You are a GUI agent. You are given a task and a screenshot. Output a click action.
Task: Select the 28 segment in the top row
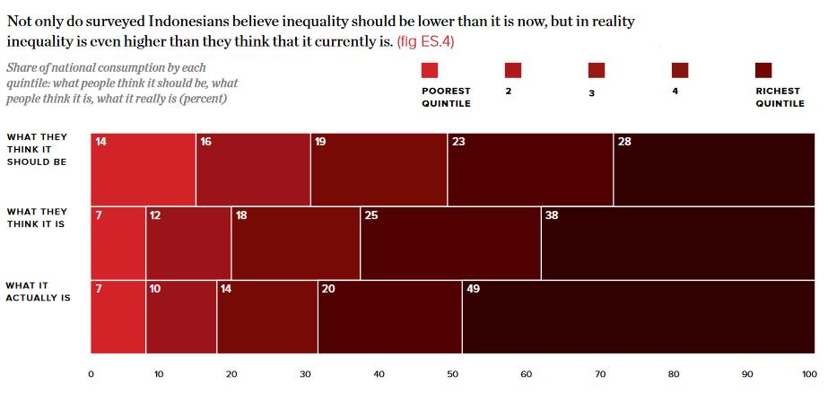point(714,169)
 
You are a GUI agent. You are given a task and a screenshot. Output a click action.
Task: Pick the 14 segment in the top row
point(143,169)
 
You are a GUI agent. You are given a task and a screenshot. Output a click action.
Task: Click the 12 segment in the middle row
point(188,243)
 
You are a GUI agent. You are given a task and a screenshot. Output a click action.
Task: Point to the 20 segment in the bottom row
point(389,317)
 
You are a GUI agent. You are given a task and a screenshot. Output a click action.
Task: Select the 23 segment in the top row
point(530,169)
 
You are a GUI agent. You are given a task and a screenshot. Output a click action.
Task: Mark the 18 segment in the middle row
point(295,243)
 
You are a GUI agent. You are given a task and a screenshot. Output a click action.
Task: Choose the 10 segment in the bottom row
point(181,317)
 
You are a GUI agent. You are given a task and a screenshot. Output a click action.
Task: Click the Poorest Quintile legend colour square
point(430,71)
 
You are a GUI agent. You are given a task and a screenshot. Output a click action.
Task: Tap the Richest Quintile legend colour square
point(764,71)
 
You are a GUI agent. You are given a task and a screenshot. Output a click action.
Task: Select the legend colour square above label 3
point(597,71)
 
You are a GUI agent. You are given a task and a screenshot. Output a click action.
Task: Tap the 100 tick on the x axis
point(809,374)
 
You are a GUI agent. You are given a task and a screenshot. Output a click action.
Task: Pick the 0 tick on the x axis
point(91,374)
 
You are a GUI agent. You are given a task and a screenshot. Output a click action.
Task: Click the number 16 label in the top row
point(205,142)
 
